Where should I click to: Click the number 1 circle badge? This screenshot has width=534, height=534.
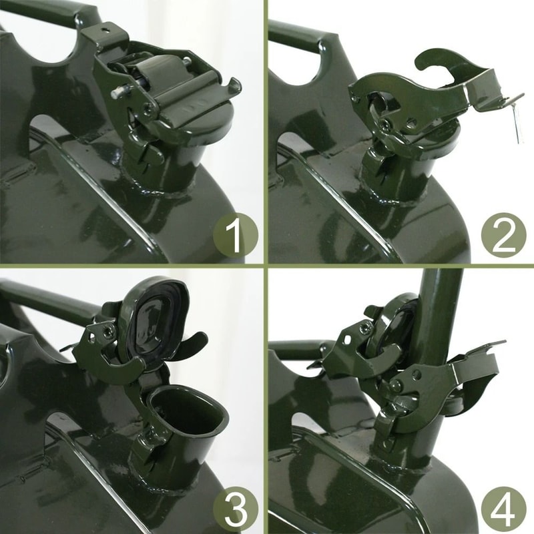[x=236, y=235]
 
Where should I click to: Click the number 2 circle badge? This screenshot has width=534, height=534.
[x=504, y=235]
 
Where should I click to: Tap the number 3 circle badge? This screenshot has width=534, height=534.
[x=236, y=509]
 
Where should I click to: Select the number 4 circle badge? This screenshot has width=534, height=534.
[x=504, y=509]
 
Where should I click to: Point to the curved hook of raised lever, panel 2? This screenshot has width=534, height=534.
[x=439, y=61]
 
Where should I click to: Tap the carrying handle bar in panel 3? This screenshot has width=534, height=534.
[x=51, y=300]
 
